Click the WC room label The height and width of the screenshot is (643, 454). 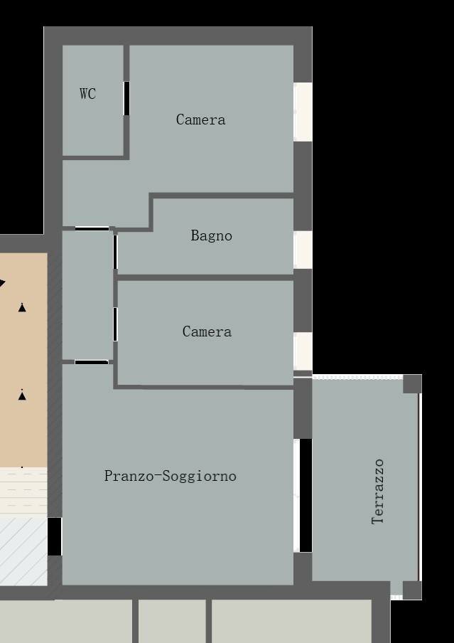[87, 94]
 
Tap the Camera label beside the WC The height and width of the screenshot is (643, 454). [200, 119]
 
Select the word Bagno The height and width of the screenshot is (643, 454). [211, 235]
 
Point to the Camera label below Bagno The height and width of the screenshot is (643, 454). [207, 331]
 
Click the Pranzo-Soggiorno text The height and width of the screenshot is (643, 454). [170, 476]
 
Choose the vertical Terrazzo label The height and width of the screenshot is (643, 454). [378, 491]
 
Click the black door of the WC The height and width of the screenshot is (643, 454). [126, 98]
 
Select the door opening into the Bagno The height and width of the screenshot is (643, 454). [115, 252]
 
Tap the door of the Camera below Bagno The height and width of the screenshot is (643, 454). [115, 324]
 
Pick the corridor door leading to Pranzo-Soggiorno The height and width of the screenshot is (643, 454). [92, 362]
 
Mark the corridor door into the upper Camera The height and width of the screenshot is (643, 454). [92, 228]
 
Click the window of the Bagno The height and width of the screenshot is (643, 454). [303, 249]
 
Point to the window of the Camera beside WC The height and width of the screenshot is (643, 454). [303, 112]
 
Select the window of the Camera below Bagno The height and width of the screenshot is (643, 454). [303, 351]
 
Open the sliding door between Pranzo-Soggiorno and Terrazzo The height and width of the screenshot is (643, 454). [305, 495]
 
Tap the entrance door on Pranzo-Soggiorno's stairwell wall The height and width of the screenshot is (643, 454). [55, 536]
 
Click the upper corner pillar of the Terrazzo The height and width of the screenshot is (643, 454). [412, 384]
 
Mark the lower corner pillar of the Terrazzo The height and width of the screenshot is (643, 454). [412, 590]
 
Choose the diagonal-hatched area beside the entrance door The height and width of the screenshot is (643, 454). [23, 551]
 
